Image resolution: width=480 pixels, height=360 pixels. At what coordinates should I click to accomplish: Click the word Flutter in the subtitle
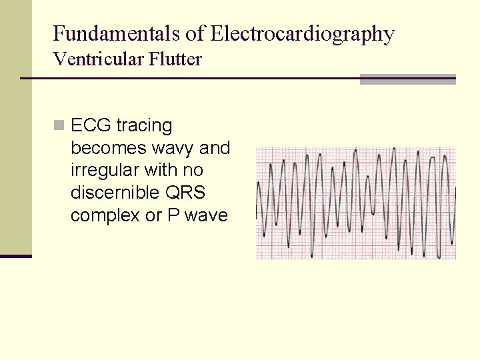coord(176,59)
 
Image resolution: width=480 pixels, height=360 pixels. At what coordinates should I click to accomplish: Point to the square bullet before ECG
coord(60,125)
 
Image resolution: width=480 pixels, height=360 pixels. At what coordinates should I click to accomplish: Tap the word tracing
coord(144,125)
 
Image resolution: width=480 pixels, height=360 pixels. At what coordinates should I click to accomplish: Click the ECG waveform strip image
coord(356,203)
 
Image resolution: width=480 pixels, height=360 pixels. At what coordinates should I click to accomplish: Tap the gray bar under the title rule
coord(407,79)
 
